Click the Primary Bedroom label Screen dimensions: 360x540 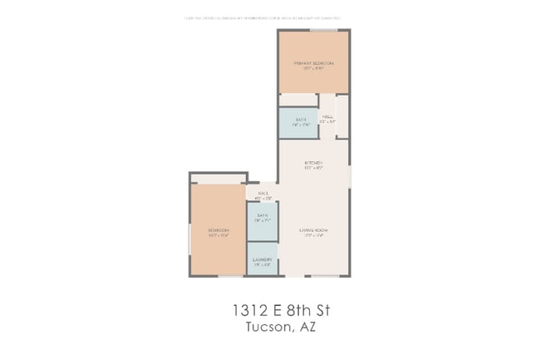[313, 63]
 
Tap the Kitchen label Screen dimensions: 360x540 [313, 162]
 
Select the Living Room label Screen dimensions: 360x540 [313, 229]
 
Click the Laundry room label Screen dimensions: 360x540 [262, 259]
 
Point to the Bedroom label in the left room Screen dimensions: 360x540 [218, 230]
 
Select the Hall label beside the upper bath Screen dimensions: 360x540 [327, 116]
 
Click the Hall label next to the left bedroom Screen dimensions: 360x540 [263, 193]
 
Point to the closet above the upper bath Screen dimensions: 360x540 [297, 100]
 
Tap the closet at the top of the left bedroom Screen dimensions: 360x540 [218, 178]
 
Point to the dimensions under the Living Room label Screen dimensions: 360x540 [313, 235]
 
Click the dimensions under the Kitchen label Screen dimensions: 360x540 [313, 168]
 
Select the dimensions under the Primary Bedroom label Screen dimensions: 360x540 [313, 69]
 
